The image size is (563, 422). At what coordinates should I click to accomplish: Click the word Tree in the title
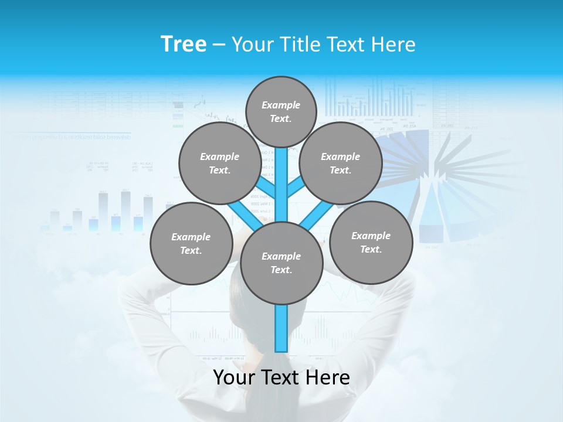click(184, 44)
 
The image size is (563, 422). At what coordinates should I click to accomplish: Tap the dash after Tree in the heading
click(219, 45)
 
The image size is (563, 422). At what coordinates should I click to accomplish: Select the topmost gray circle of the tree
click(281, 111)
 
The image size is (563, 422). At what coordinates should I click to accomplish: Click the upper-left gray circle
click(219, 163)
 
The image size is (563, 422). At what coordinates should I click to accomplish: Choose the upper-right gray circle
click(340, 163)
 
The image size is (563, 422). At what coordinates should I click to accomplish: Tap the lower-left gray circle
click(191, 243)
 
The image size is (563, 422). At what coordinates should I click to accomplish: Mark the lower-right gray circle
click(371, 242)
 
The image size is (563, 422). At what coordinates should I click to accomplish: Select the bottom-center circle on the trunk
click(281, 263)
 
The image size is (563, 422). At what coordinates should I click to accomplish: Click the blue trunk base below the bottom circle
click(281, 328)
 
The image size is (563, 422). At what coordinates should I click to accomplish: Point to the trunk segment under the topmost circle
click(281, 176)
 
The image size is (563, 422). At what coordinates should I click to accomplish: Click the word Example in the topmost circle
click(281, 105)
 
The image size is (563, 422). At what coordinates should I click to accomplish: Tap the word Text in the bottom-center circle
click(280, 270)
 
